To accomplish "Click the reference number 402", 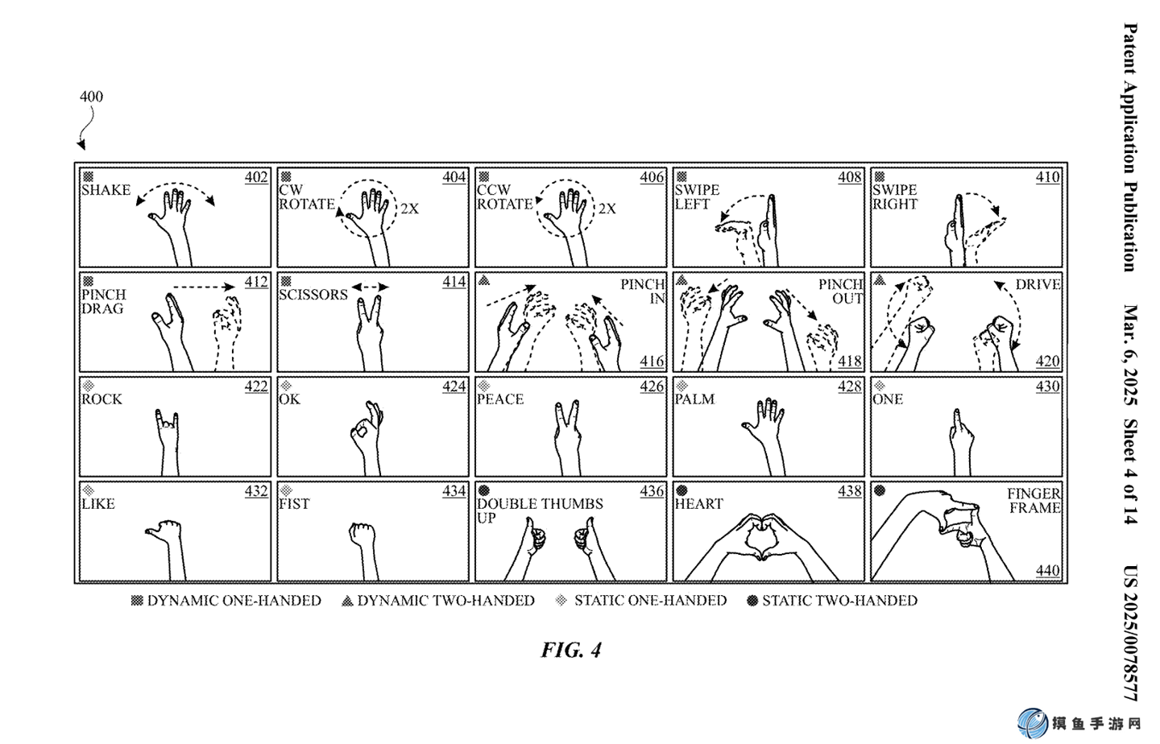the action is [256, 177].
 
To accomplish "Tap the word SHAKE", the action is [106, 190].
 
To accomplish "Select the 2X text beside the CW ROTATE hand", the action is [409, 209].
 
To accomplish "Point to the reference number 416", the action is [652, 361].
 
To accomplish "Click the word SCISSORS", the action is [313, 295].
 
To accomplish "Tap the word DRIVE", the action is [1038, 284].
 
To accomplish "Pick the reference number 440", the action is [1047, 570].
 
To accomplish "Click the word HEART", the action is [698, 504].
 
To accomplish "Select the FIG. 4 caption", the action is [571, 650].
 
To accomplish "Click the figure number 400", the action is [91, 97].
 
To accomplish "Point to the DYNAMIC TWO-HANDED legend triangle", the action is [347, 601].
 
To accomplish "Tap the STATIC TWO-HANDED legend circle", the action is [752, 601].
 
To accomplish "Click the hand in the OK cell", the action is [367, 436].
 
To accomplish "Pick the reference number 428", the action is [850, 386].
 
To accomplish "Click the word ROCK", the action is [102, 399].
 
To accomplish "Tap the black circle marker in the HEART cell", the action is [682, 490].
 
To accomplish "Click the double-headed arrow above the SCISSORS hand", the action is [370, 287].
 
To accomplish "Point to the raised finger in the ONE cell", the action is [957, 420].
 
